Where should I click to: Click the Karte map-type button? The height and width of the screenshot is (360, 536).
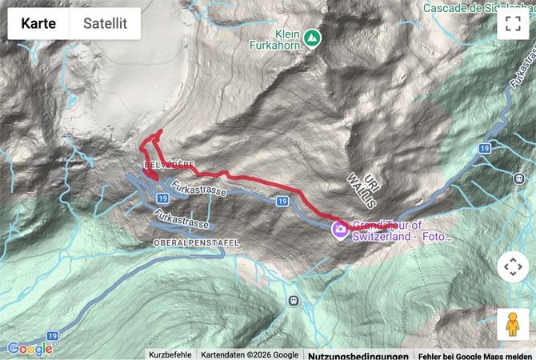pyautogui.click(x=38, y=23)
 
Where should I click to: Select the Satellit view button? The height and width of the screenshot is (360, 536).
pyautogui.click(x=105, y=23)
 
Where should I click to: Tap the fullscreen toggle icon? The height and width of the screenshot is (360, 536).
pyautogui.click(x=513, y=23)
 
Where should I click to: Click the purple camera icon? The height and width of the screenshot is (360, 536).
pyautogui.click(x=340, y=230)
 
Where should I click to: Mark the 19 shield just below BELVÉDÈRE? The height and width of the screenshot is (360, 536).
pyautogui.click(x=162, y=197)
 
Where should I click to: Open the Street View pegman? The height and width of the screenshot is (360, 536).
pyautogui.click(x=513, y=324)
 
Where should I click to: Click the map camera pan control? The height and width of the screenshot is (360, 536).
pyautogui.click(x=513, y=266)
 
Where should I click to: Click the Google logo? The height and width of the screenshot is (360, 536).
pyautogui.click(x=30, y=349)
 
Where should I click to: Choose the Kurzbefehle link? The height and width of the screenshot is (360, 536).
pyautogui.click(x=170, y=355)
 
